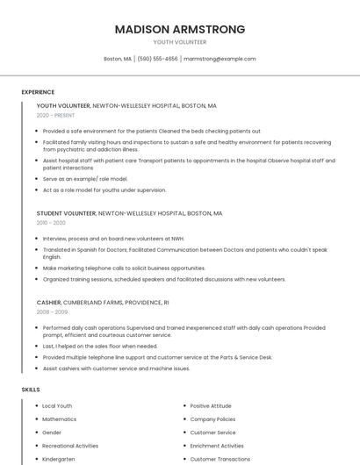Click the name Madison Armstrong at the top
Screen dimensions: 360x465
[180, 29]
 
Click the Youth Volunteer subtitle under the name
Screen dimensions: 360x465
[180, 42]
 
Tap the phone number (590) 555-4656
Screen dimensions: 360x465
[158, 59]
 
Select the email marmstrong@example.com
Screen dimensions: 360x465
[220, 59]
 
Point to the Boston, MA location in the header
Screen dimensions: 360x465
[118, 59]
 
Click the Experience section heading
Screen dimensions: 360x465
[38, 92]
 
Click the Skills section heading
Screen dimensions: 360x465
[31, 389]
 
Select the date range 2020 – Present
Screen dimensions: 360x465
[55, 115]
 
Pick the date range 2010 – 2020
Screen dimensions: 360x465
[51, 223]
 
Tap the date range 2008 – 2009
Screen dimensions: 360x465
[52, 311]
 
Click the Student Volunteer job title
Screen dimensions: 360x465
[66, 213]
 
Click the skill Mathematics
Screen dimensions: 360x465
[59, 419]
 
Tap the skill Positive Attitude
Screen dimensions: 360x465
[211, 406]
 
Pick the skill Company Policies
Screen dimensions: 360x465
[213, 419]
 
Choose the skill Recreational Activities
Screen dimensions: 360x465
[70, 446]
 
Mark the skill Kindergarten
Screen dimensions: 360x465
[59, 459]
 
